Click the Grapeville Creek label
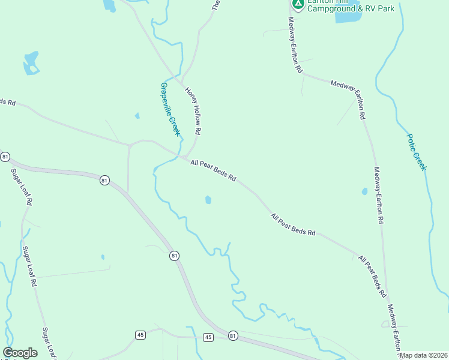point(170,109)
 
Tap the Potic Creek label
point(416,152)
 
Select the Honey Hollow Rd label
point(193,111)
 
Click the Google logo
point(20,353)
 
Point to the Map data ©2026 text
point(424,355)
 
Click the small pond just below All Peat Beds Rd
point(208,200)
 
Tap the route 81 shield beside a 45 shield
point(233,336)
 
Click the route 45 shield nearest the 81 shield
point(208,337)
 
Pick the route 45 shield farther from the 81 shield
point(140,334)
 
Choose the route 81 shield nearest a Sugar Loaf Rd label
point(5,157)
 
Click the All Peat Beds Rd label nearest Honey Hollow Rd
point(214,171)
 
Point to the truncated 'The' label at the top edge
point(216,5)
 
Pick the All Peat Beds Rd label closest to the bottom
point(372,277)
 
